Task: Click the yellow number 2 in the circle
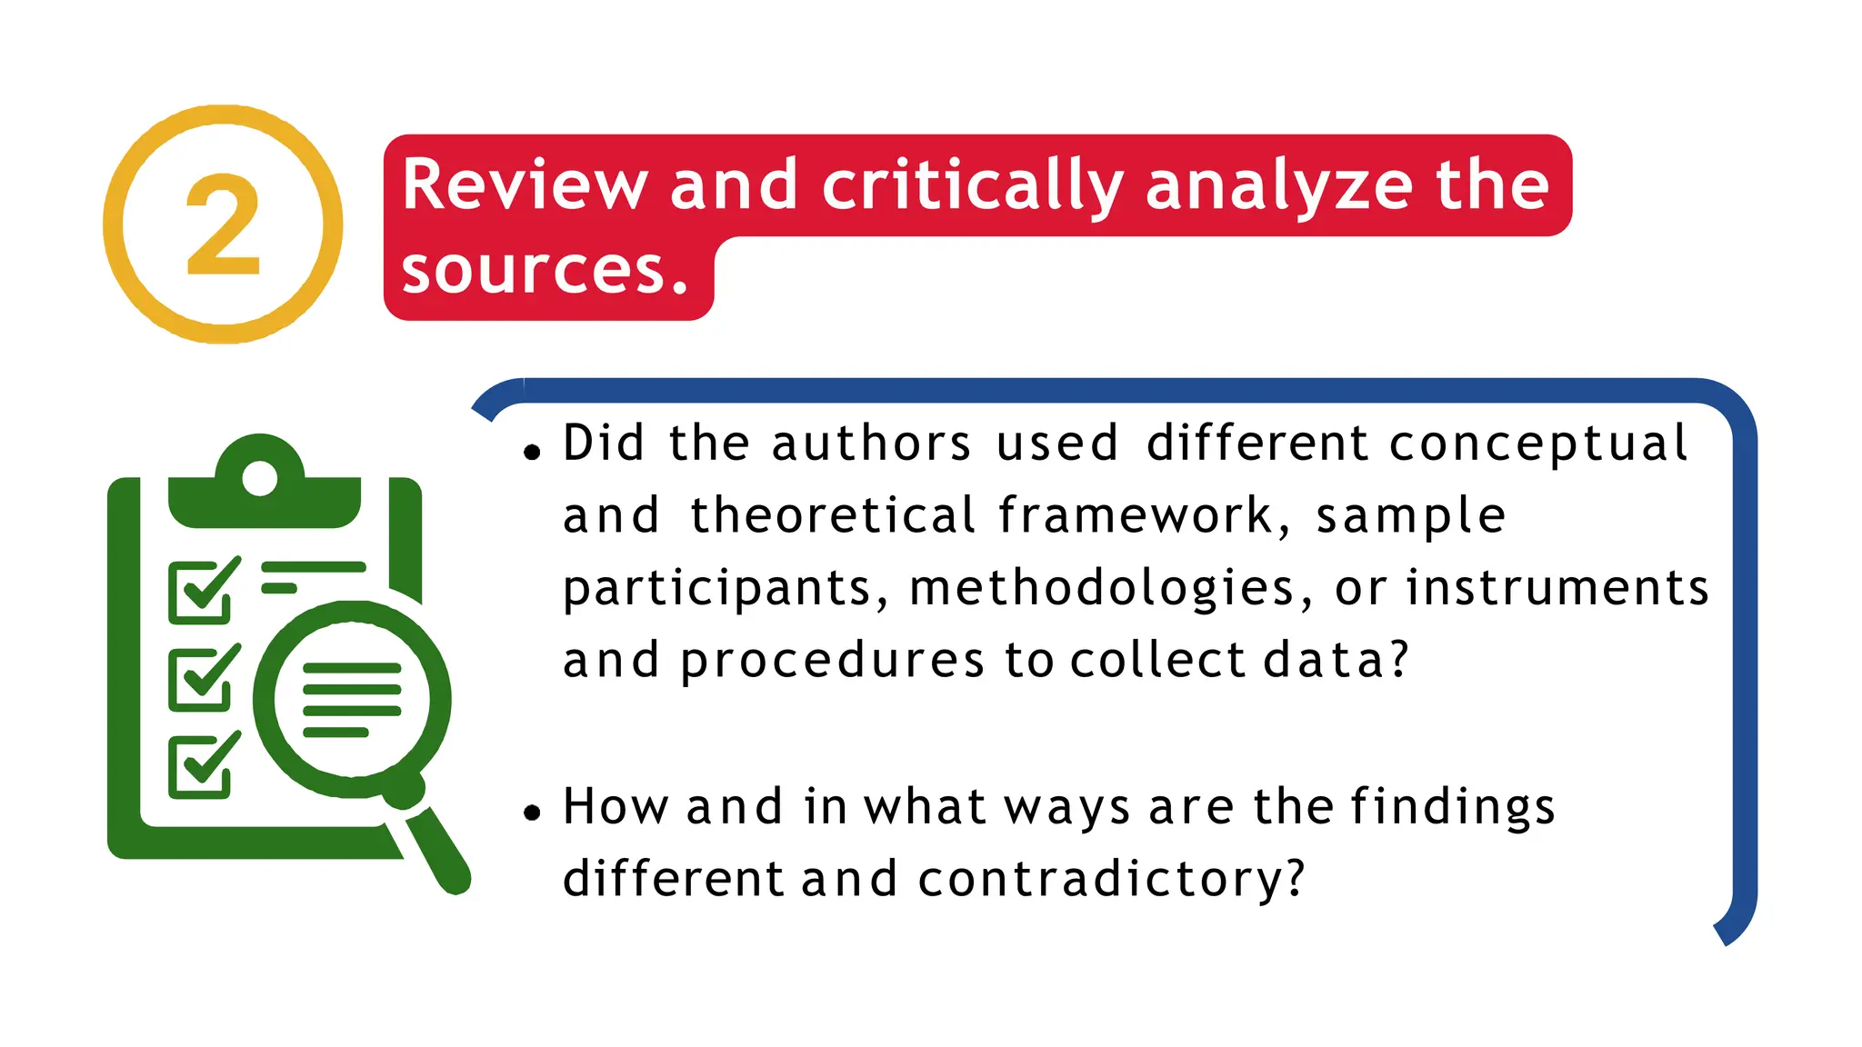pyautogui.click(x=223, y=225)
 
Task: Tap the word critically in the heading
pyautogui.click(x=972, y=185)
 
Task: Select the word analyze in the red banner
pyautogui.click(x=1278, y=185)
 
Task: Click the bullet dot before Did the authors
pyautogui.click(x=532, y=451)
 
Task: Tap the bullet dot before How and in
pyautogui.click(x=532, y=813)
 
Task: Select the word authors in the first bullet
pyautogui.click(x=871, y=444)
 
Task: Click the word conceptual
pyautogui.click(x=1537, y=444)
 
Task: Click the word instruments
pyautogui.click(x=1557, y=588)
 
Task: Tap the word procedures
pyautogui.click(x=832, y=661)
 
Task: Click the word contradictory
pyautogui.click(x=1111, y=880)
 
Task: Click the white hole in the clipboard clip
pyautogui.click(x=260, y=478)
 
